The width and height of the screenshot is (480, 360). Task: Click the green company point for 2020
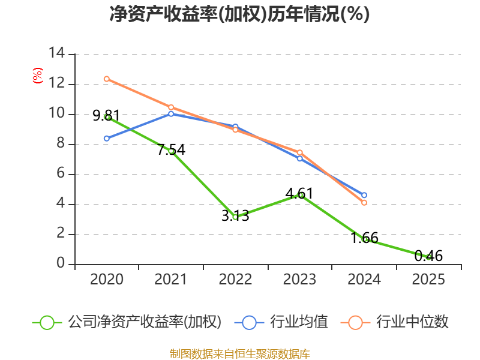(107, 117)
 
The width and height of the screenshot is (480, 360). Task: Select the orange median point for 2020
(106, 79)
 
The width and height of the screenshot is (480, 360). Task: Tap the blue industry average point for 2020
(106, 139)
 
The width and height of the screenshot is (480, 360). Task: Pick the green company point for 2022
(235, 217)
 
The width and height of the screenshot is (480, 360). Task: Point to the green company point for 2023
(300, 195)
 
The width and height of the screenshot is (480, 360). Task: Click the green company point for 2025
(428, 257)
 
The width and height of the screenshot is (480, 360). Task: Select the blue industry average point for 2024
(364, 195)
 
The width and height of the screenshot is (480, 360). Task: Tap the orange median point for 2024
(364, 203)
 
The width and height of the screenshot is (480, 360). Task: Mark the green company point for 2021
(171, 151)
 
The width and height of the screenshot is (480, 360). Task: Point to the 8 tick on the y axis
(61, 144)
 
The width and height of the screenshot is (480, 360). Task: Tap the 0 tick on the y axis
(61, 264)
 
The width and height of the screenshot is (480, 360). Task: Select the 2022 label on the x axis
(235, 280)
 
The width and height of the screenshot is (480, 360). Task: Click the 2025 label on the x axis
(428, 280)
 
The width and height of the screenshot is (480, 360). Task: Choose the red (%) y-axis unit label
(37, 76)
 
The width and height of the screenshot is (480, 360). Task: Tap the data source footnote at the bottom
(239, 353)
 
